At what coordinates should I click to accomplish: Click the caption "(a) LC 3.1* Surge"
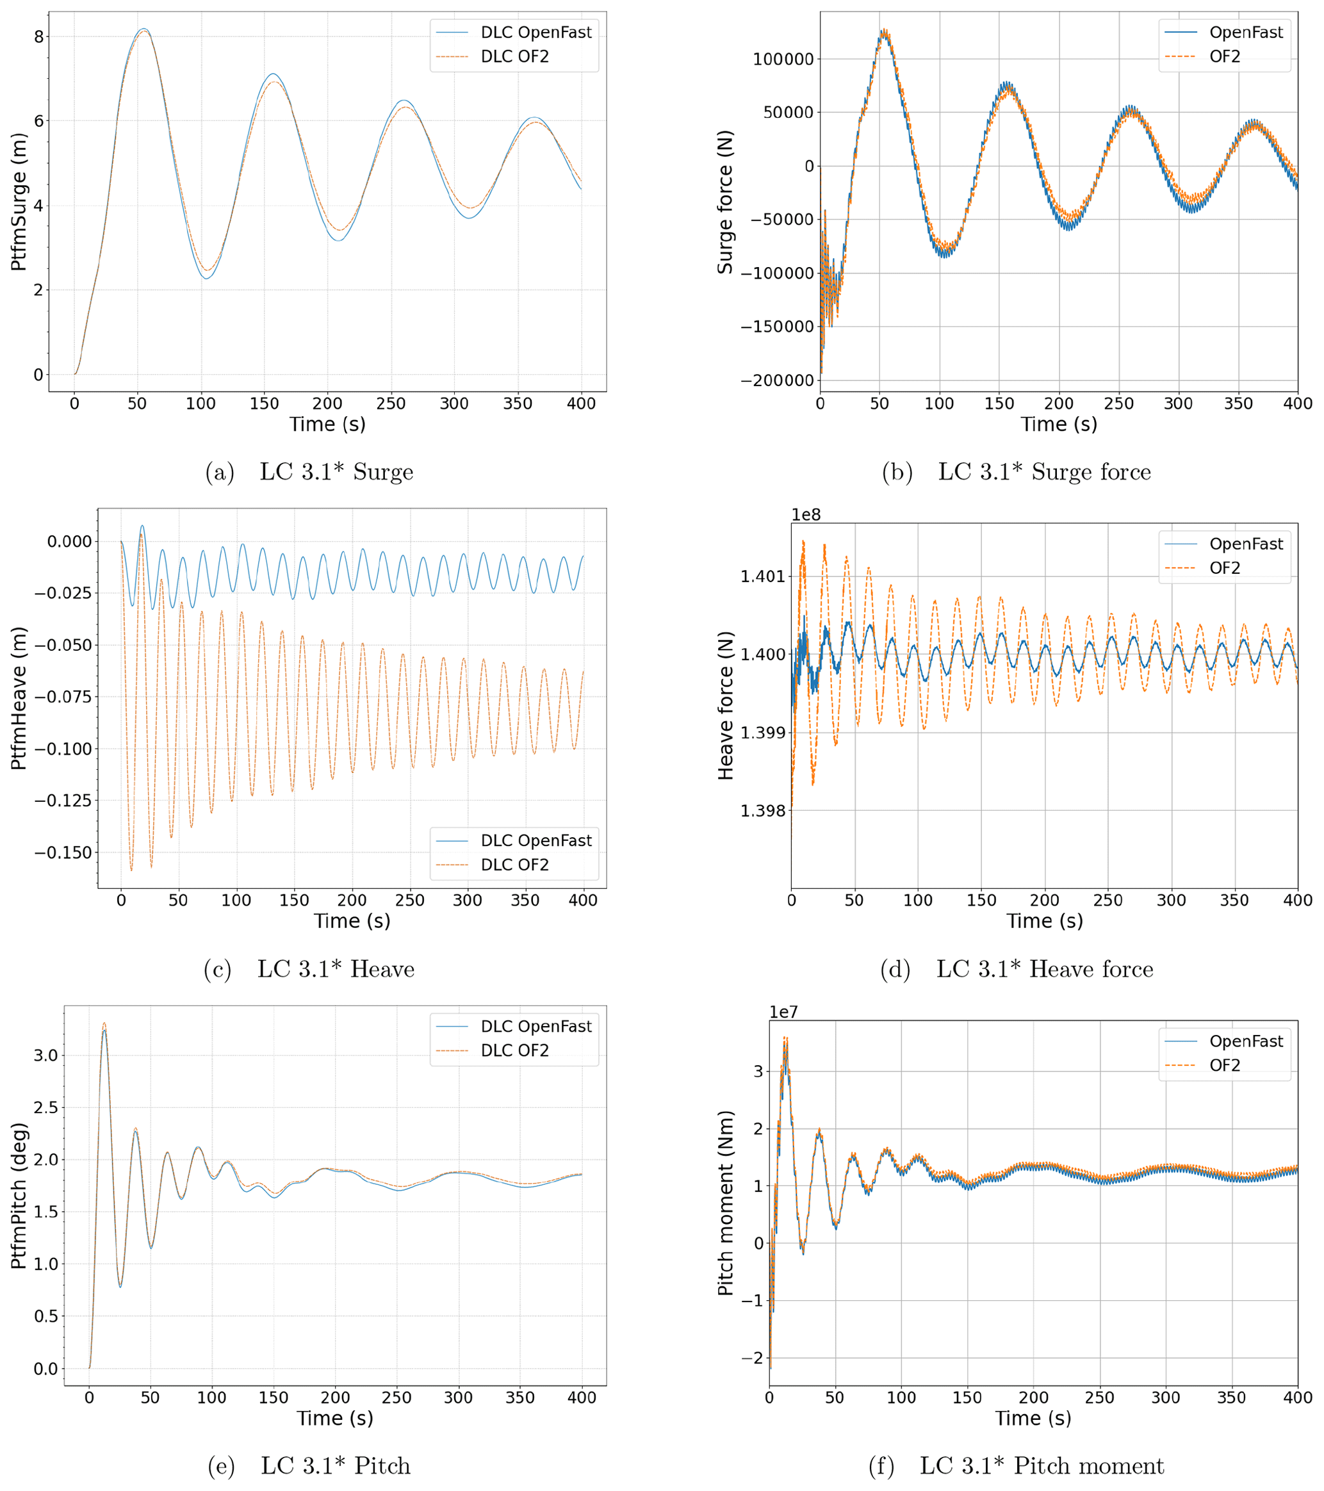pyautogui.click(x=309, y=473)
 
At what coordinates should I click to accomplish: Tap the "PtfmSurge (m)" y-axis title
pyautogui.click(x=19, y=202)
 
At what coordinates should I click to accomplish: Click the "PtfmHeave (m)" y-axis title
pyautogui.click(x=19, y=698)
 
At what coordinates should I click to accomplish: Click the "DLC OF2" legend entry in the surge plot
pyautogui.click(x=514, y=57)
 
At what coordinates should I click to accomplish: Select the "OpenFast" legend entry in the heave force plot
pyautogui.click(x=1246, y=544)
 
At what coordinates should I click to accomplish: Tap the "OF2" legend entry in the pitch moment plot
pyautogui.click(x=1225, y=1066)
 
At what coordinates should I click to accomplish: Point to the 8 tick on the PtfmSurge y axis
pyautogui.click(x=38, y=37)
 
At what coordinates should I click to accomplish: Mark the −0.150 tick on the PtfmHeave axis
pyautogui.click(x=63, y=852)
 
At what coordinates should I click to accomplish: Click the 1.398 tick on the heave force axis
pyautogui.click(x=762, y=811)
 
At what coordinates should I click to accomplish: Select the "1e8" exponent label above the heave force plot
pyautogui.click(x=806, y=515)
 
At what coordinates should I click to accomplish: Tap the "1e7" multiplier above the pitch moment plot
pyautogui.click(x=783, y=1013)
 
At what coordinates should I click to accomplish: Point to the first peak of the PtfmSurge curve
pyautogui.click(x=143, y=29)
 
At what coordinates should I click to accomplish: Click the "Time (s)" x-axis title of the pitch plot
pyautogui.click(x=335, y=1419)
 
